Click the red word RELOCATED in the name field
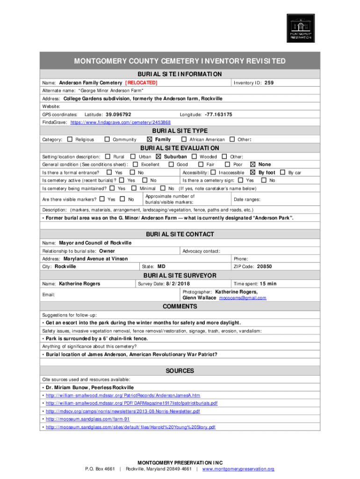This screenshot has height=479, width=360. [141, 83]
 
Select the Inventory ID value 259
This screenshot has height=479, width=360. [269, 83]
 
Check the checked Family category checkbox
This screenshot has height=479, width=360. [150, 139]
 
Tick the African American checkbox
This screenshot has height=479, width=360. [184, 139]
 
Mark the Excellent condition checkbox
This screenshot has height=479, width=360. [136, 164]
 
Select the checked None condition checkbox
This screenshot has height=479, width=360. [253, 164]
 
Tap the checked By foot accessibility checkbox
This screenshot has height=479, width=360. [253, 173]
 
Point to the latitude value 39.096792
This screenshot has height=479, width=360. [118, 115]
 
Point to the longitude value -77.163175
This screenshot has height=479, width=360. [218, 115]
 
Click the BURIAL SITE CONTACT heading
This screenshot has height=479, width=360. [180, 234]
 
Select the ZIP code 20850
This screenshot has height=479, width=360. [264, 267]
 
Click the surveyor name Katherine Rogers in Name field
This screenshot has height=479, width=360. [79, 283]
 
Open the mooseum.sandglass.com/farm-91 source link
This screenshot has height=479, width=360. [87, 419]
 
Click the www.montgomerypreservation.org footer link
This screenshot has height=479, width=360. [238, 469]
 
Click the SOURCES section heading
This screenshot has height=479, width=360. [180, 370]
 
